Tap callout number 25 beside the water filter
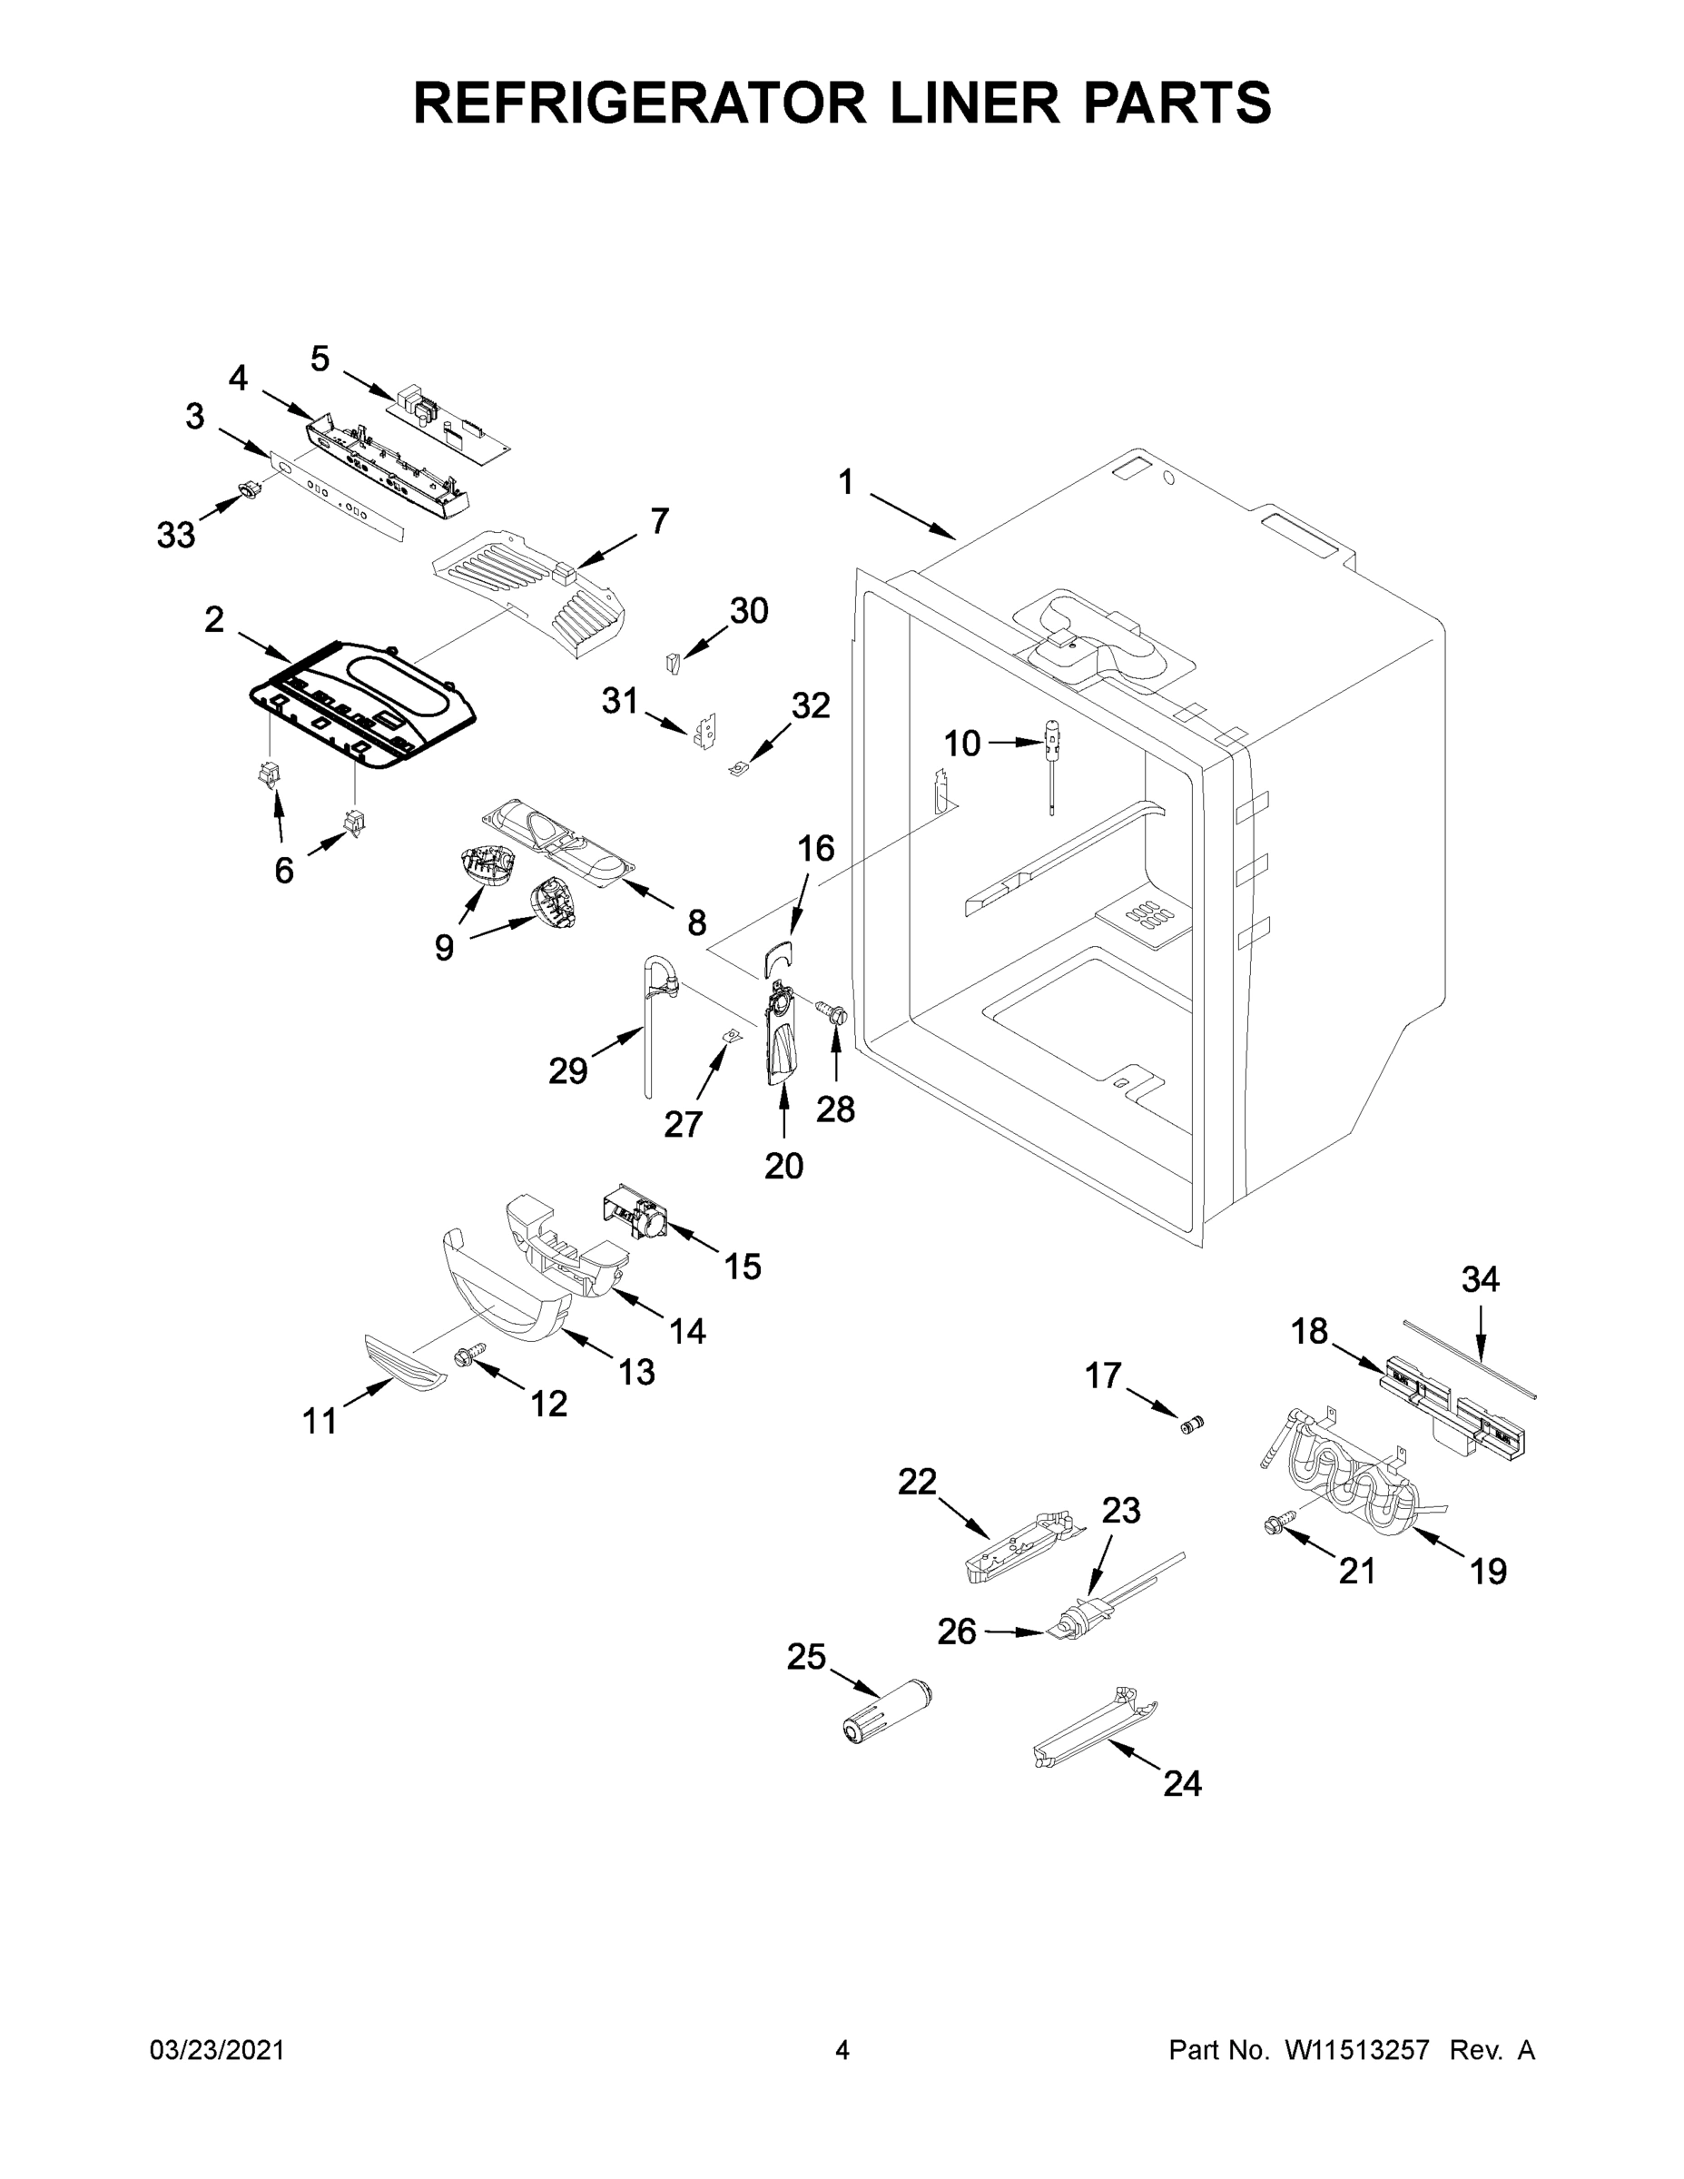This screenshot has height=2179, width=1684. point(806,1657)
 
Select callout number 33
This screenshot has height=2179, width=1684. point(175,536)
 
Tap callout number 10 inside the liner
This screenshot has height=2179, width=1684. point(961,744)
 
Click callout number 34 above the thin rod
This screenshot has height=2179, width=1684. point(1480,1279)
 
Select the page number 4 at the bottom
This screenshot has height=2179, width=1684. point(842,2050)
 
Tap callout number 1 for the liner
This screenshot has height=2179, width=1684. point(845,483)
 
